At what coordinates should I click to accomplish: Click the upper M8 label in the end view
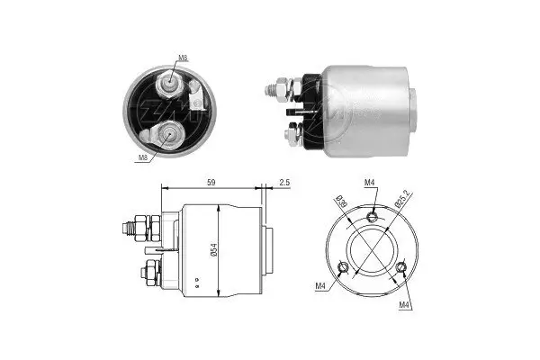(183, 58)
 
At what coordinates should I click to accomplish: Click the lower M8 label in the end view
(142, 157)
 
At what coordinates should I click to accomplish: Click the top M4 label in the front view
(370, 184)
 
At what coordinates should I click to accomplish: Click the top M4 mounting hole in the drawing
(373, 215)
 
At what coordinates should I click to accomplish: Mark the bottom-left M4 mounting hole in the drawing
(341, 267)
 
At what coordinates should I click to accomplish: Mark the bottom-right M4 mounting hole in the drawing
(401, 267)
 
